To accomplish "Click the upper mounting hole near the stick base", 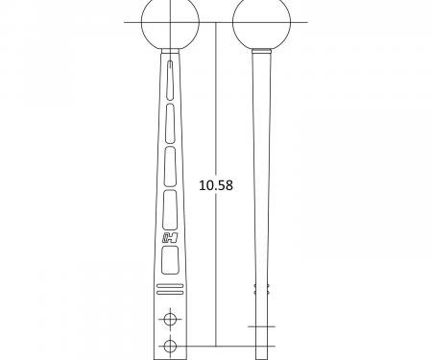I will click(171, 318).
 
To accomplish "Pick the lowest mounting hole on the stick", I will click(171, 345).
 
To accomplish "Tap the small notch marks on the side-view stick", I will click(255, 289).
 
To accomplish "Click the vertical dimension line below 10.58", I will click(215, 269).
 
